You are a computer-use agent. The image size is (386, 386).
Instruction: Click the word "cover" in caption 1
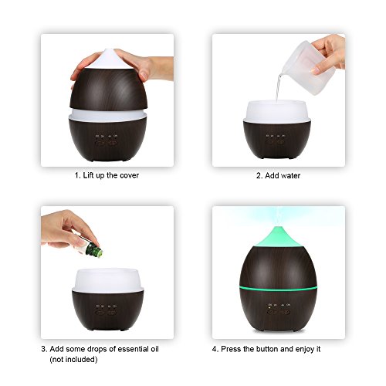pos(129,175)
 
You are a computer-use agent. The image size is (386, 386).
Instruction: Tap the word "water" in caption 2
pos(290,175)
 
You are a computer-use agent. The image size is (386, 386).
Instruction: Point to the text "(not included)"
pos(73,360)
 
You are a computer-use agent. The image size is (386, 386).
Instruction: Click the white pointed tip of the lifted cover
pos(107,59)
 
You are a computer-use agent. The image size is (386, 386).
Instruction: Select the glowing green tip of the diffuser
pos(278,237)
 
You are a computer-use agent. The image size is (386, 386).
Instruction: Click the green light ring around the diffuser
pos(278,289)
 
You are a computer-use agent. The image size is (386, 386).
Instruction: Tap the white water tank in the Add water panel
pos(277,111)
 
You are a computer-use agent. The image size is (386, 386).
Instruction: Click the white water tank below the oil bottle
pos(108,280)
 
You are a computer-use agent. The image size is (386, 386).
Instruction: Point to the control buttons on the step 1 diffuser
pos(106,140)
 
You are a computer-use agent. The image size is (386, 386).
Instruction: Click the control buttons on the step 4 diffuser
pos(279,309)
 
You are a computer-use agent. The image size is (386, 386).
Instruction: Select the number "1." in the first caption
pos(77,175)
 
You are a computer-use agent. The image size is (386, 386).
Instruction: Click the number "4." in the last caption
pos(215,349)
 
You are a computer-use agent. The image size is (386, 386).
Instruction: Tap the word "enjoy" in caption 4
pos(305,350)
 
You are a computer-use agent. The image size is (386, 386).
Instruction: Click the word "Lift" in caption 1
pos(88,175)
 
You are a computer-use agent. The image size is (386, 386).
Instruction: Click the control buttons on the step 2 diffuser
pos(276,139)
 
